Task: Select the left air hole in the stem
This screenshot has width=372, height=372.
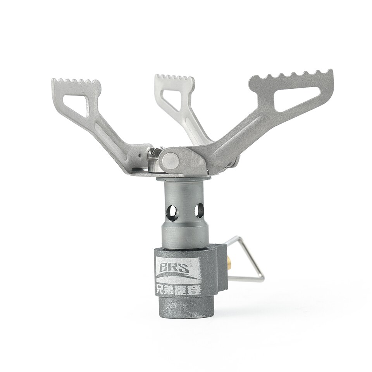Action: (172, 211)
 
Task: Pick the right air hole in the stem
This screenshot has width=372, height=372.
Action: (198, 210)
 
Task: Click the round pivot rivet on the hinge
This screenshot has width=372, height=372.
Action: (170, 159)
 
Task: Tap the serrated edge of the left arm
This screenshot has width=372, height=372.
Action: (76, 82)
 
